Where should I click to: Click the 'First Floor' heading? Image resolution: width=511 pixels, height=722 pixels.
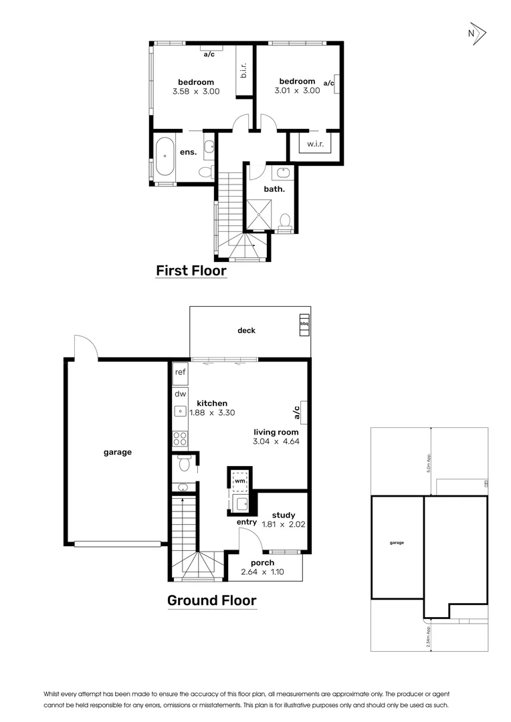click(191, 271)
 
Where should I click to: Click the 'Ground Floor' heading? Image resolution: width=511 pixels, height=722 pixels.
click(211, 600)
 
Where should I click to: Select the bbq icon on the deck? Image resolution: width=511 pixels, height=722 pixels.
click(304, 324)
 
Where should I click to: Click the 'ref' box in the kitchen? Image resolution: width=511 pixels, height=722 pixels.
click(180, 372)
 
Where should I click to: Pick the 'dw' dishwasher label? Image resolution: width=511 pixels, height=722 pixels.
click(180, 394)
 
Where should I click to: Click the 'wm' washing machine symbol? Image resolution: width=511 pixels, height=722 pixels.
click(239, 480)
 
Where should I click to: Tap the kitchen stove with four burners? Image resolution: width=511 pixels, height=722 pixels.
click(180, 439)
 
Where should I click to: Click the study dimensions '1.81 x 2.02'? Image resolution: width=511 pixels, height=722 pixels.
click(283, 525)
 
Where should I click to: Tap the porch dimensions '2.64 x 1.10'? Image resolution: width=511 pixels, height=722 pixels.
click(262, 572)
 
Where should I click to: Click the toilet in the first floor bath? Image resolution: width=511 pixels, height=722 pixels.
click(285, 221)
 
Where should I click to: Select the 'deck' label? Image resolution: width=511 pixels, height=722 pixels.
click(246, 330)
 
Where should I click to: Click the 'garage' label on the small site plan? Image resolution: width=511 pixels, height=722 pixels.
click(397, 543)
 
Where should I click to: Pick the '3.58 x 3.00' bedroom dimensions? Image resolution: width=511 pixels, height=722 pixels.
click(197, 92)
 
